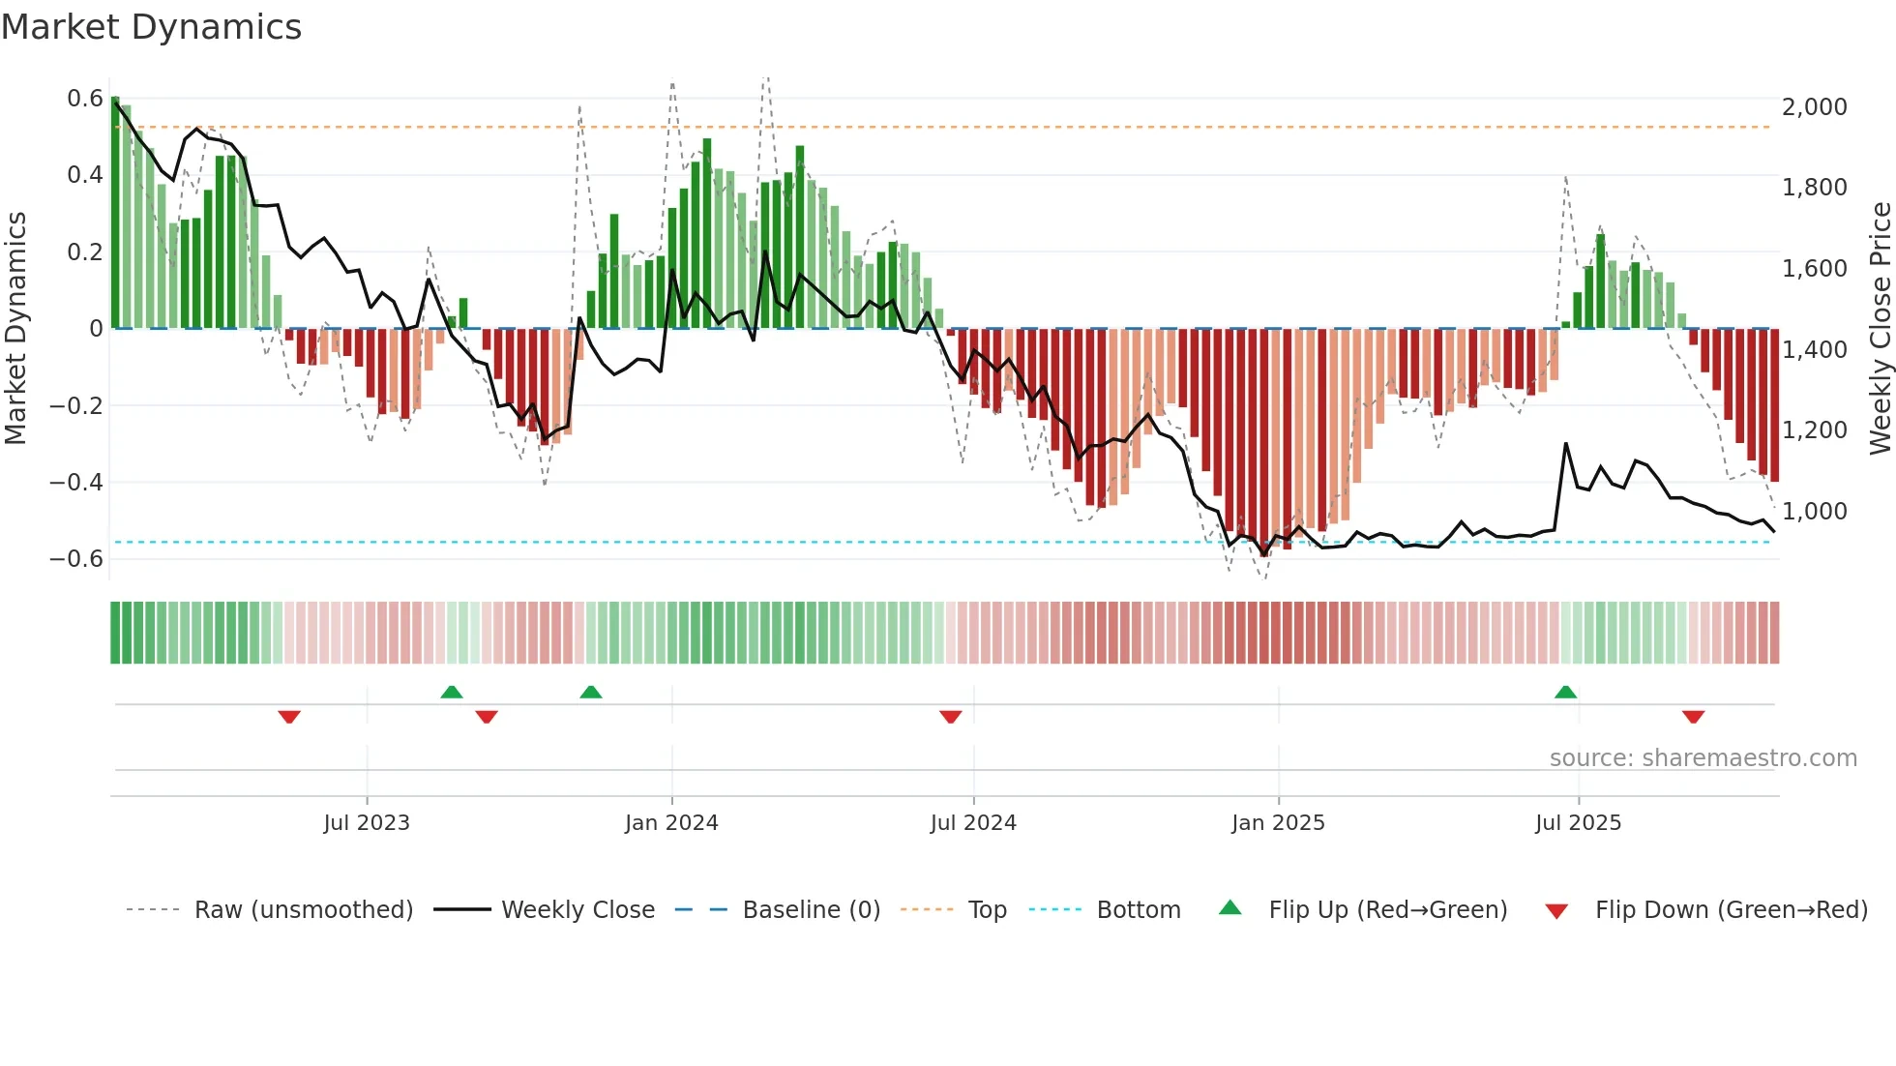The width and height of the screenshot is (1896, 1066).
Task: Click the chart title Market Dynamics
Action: (151, 27)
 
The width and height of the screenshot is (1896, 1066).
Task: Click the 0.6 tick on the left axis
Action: (85, 99)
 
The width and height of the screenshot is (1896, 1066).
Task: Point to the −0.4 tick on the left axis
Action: (76, 482)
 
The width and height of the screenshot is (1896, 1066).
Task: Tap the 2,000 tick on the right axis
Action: (1814, 107)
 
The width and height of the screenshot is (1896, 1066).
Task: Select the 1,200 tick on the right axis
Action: (1814, 429)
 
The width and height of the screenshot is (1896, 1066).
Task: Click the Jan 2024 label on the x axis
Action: (671, 823)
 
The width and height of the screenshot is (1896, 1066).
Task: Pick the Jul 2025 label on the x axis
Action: (1578, 823)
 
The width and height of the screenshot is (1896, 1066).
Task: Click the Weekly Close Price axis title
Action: (1880, 328)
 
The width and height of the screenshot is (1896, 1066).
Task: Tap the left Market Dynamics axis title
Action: (16, 328)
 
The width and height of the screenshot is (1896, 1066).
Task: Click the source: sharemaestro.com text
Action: (1703, 758)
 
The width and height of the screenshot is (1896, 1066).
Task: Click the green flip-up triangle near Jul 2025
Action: (1565, 692)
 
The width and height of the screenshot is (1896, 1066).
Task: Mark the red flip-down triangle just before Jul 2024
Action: (950, 717)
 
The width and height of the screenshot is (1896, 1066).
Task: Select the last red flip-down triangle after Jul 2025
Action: (1693, 717)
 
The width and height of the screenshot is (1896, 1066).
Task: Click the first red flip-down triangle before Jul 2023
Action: (289, 717)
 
